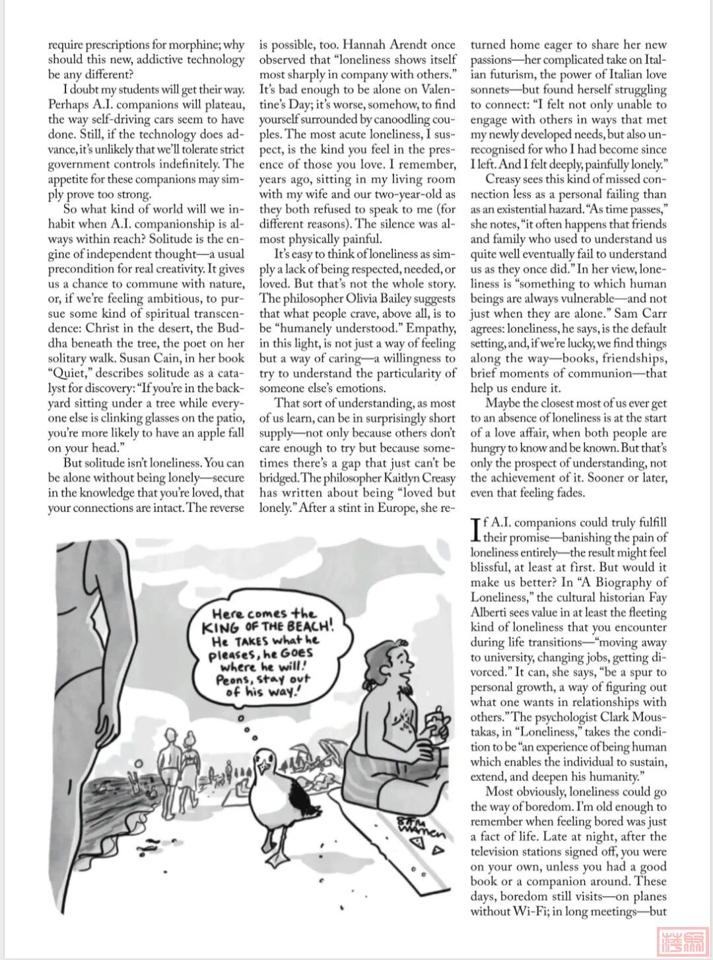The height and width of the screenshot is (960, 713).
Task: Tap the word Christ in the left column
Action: pyautogui.click(x=104, y=328)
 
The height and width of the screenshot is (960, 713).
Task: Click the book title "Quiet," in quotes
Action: pyautogui.click(x=66, y=373)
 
